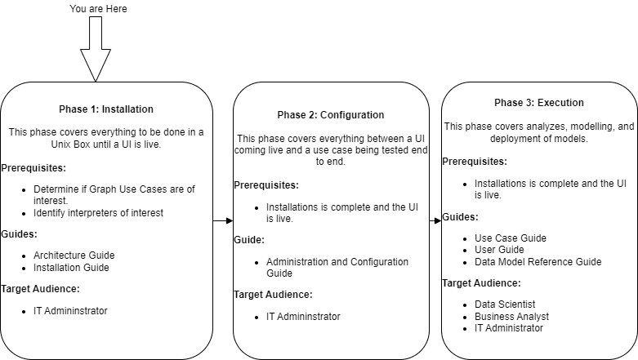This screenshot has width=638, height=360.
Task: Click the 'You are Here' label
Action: click(99, 9)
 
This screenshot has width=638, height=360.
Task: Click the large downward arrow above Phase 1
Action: click(96, 49)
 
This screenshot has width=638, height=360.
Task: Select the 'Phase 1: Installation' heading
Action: click(106, 109)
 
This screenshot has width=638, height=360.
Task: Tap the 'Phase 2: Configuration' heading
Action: click(330, 115)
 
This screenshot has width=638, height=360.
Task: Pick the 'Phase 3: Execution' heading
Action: click(538, 103)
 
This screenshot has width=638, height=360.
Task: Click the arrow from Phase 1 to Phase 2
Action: click(222, 220)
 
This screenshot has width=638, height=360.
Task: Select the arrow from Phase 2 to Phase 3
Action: click(435, 220)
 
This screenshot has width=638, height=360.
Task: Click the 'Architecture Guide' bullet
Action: click(74, 255)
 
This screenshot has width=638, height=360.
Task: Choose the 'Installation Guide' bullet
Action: click(72, 267)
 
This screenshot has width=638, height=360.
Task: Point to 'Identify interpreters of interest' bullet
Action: click(99, 213)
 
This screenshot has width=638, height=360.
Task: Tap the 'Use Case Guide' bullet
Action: click(511, 238)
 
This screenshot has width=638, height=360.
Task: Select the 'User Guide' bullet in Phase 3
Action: click(499, 250)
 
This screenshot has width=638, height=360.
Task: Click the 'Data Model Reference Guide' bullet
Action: click(538, 261)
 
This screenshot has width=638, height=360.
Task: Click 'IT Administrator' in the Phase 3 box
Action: click(508, 327)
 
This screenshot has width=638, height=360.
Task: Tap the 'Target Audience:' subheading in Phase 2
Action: click(273, 295)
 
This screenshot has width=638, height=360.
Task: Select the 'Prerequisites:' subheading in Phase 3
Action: click(475, 161)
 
